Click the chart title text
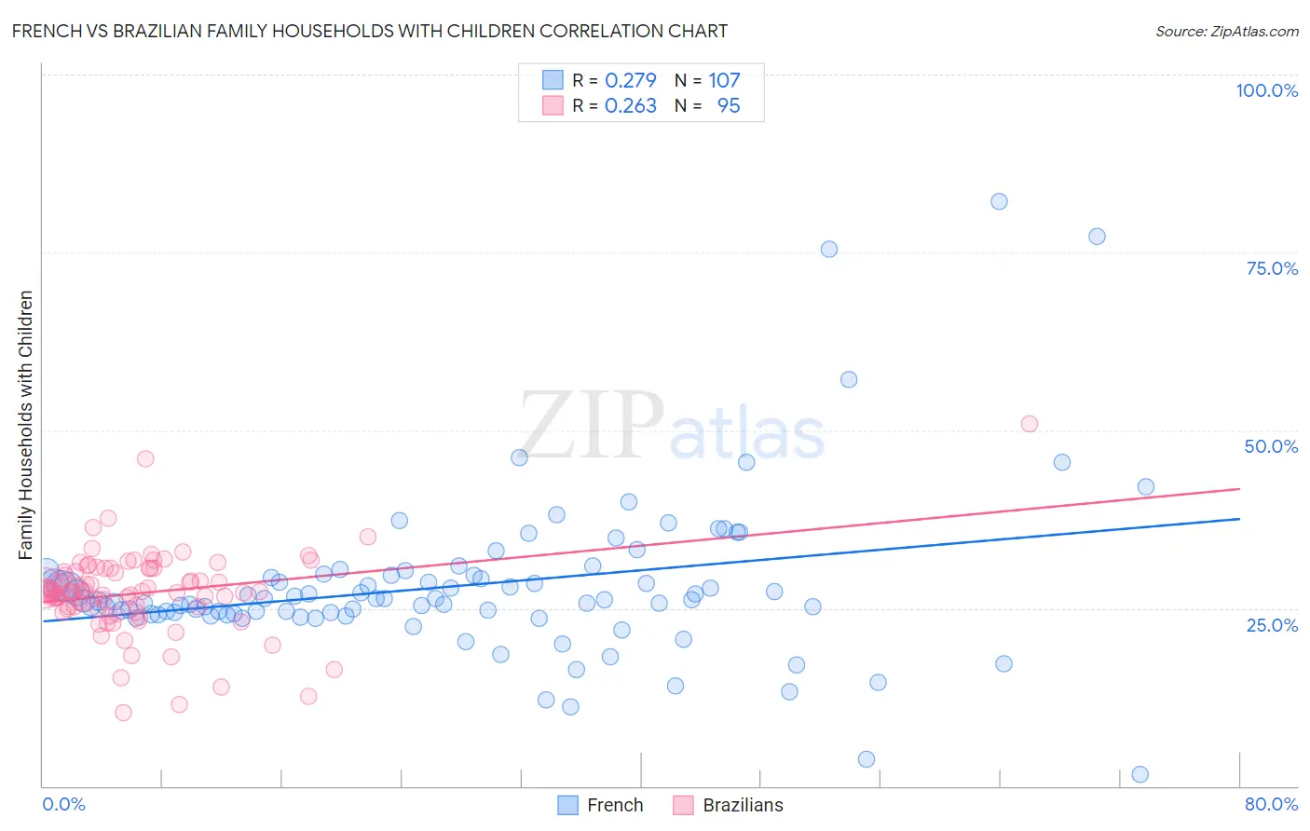tap(370, 31)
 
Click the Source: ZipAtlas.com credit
tap(1226, 31)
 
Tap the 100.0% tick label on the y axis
tap(1266, 90)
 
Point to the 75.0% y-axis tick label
tap(1272, 268)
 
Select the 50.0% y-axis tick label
tap(1271, 446)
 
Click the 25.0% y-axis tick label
tap(1272, 624)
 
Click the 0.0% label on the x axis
tap(63, 804)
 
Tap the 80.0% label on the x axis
tap(1271, 804)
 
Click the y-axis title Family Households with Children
tap(26, 425)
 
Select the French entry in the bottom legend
tap(601, 805)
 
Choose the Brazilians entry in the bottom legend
tap(729, 805)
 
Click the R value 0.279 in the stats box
tap(631, 81)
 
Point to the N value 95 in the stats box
tap(729, 106)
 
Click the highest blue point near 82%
tap(999, 201)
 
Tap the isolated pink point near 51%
tap(1029, 424)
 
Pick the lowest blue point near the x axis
tap(1139, 774)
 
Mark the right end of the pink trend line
tap(1239, 488)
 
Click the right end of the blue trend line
tap(1239, 518)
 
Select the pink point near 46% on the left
tap(145, 458)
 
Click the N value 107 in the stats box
tap(724, 81)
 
